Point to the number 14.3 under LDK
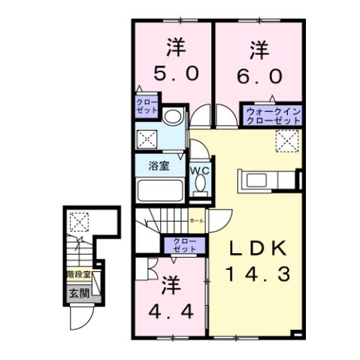(x=259, y=275)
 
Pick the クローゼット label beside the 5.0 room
(x=147, y=105)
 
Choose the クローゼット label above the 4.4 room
(x=183, y=244)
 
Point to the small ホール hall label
(x=197, y=220)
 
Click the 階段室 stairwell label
(x=74, y=275)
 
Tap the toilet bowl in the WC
(x=199, y=189)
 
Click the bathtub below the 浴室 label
(x=159, y=189)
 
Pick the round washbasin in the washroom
(x=172, y=116)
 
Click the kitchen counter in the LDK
(x=267, y=182)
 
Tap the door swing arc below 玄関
(x=79, y=319)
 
